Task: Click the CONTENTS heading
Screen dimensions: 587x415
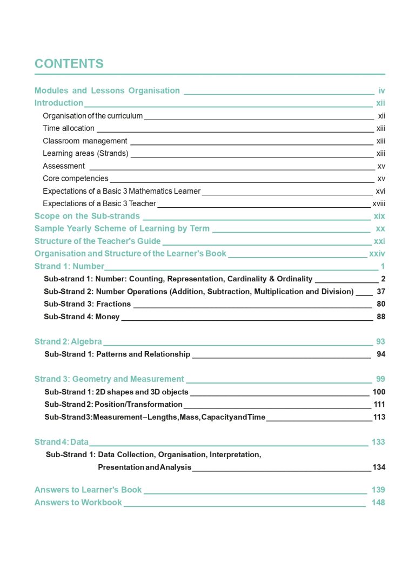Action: click(x=69, y=64)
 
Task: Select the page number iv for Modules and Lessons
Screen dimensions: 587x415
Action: click(x=381, y=90)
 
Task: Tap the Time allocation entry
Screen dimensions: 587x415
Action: click(x=69, y=128)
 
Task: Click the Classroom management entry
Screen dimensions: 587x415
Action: click(x=85, y=141)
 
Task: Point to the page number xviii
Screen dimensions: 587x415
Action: click(x=378, y=203)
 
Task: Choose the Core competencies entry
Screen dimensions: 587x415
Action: click(x=76, y=179)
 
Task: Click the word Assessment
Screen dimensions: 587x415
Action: click(x=64, y=166)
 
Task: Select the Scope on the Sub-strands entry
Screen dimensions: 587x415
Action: click(x=87, y=216)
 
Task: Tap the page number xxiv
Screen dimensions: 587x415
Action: click(x=377, y=254)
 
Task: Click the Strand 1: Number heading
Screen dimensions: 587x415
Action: click(x=69, y=266)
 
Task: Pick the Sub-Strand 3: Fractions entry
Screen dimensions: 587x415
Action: click(x=87, y=304)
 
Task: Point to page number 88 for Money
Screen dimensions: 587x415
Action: click(x=381, y=316)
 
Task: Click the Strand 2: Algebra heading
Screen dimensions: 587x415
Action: click(x=68, y=341)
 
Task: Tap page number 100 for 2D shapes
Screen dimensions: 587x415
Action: click(x=379, y=392)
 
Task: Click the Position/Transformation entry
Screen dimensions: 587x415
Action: click(x=113, y=404)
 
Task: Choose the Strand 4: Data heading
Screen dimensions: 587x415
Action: click(x=61, y=442)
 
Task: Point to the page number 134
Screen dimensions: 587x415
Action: click(x=379, y=467)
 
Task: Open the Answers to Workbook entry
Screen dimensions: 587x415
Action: click(x=78, y=503)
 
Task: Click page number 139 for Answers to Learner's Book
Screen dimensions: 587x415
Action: click(x=378, y=490)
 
